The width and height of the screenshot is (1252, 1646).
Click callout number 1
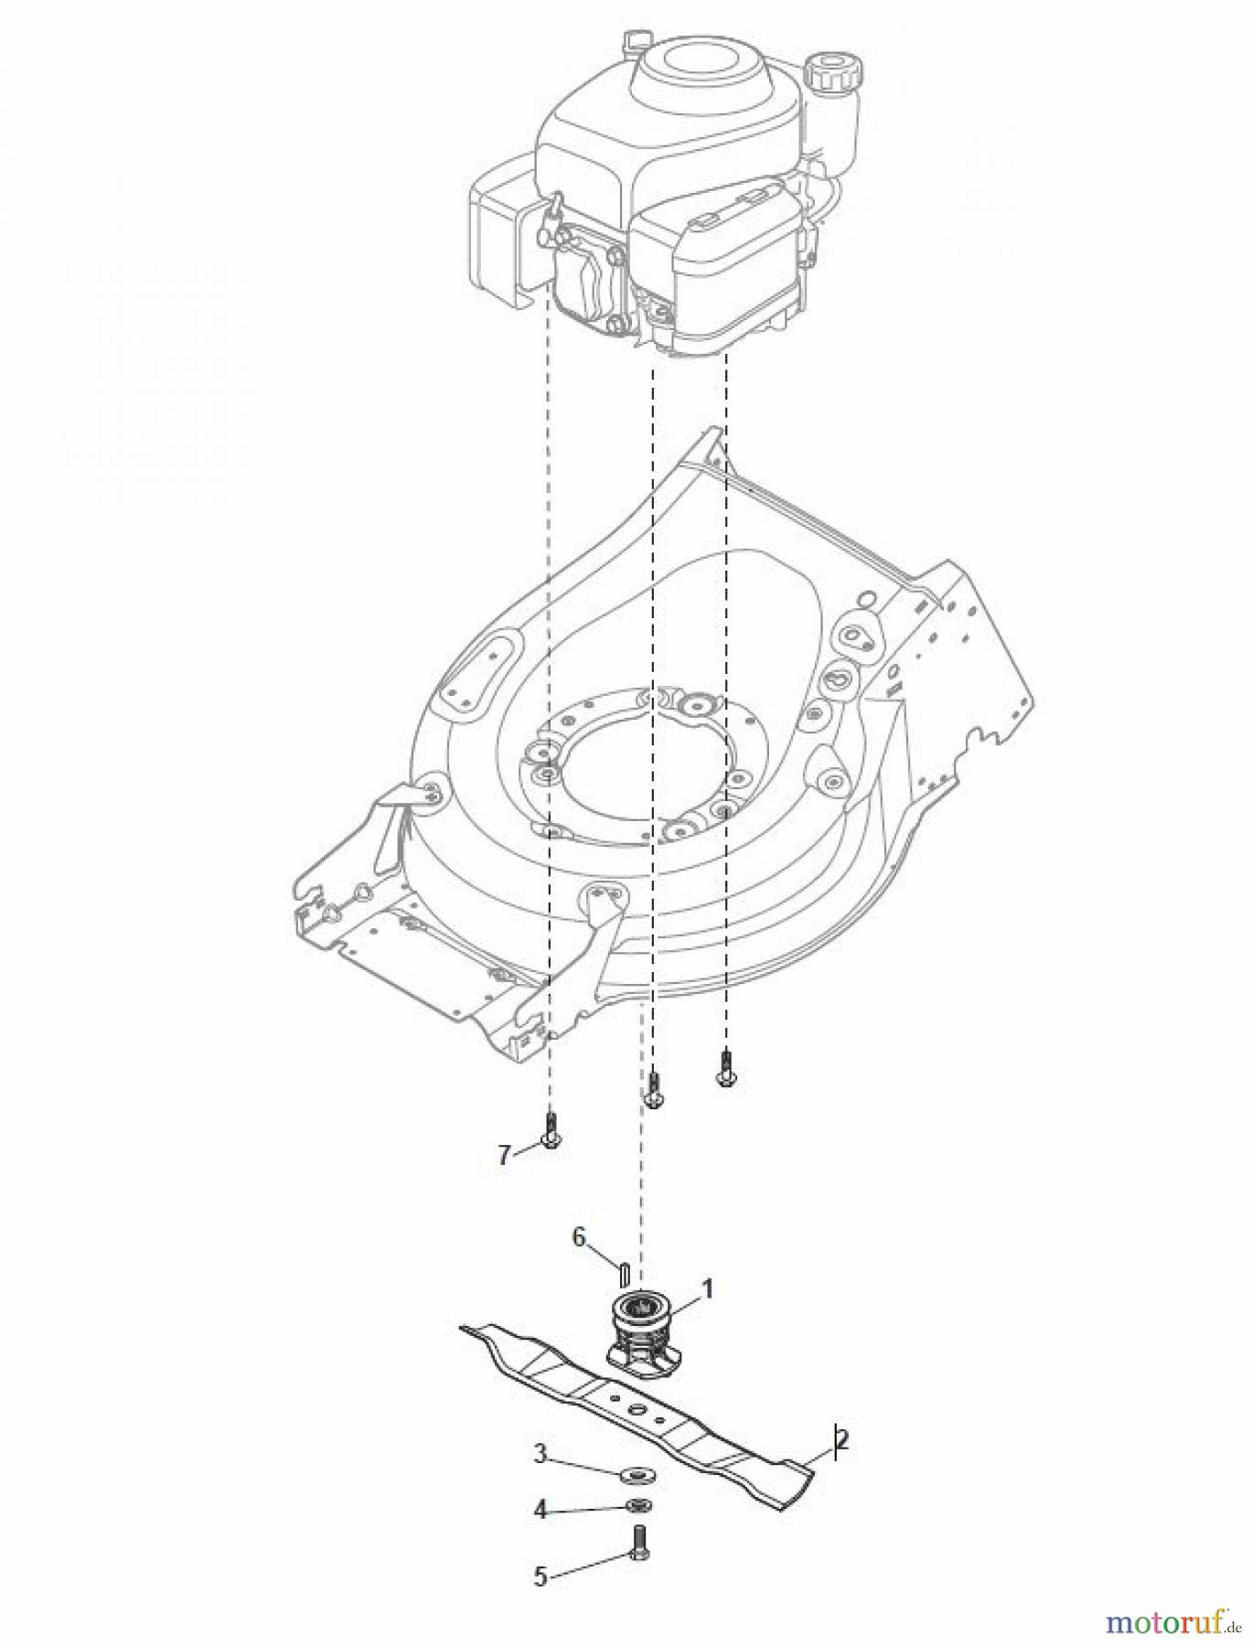point(706,1289)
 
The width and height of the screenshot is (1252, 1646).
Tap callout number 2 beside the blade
point(842,1438)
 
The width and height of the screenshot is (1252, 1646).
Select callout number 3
point(540,1454)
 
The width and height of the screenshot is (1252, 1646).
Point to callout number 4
point(540,1511)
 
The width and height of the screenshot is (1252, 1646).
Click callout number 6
point(578,1237)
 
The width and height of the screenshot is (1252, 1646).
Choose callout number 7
point(504,1155)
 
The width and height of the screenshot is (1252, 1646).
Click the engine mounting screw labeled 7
point(550,1131)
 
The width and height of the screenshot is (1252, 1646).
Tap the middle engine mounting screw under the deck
point(653,1090)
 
